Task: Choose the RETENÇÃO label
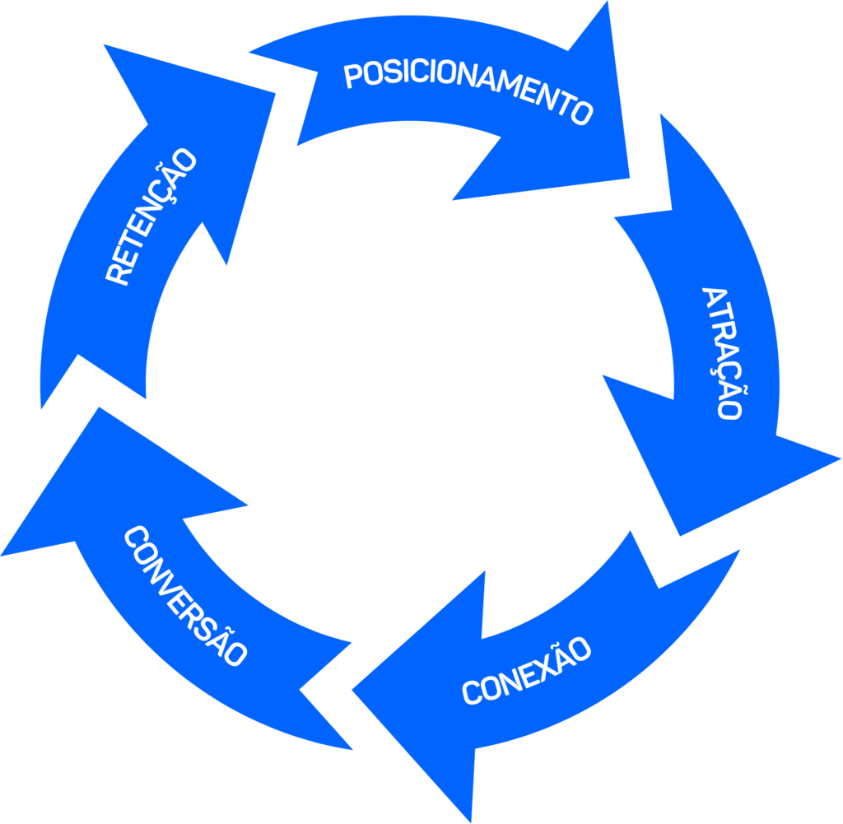point(152,216)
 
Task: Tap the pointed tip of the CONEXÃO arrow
point(354,689)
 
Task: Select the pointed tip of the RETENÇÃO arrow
point(105,46)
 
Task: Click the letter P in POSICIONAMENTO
point(352,77)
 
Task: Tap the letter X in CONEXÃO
point(547,665)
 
